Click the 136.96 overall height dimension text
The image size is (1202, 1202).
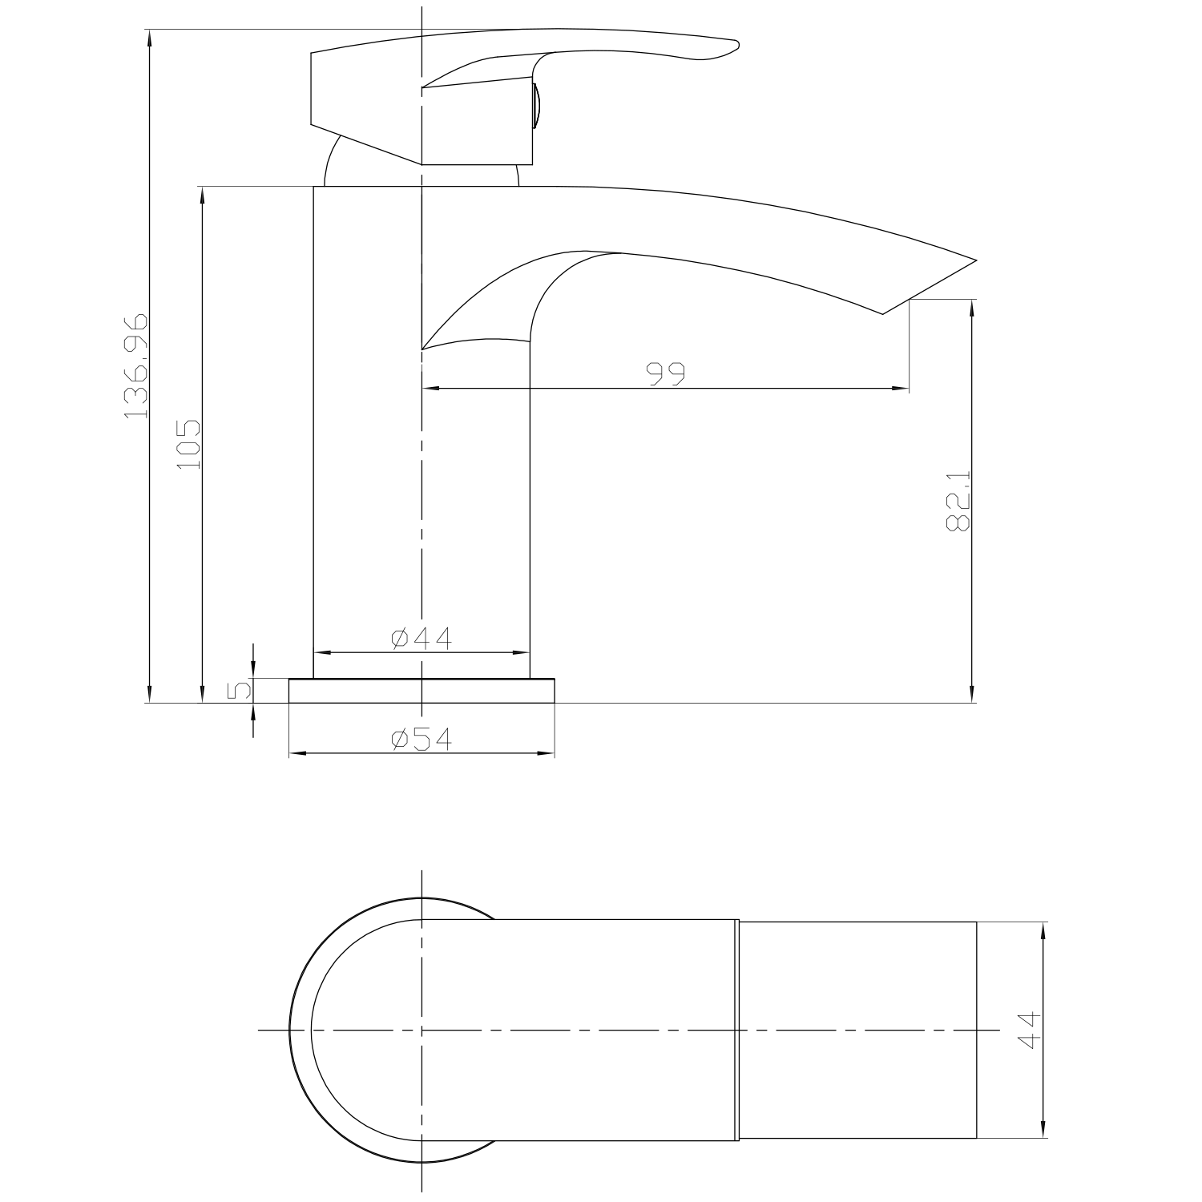136,366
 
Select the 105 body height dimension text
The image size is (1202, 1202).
189,444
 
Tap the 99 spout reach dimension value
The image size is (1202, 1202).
667,374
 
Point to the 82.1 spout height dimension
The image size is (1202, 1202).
958,501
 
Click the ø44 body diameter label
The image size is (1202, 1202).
422,639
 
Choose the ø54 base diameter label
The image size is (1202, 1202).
422,739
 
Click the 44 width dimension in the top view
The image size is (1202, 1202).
1028,1030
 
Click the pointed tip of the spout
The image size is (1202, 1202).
974,261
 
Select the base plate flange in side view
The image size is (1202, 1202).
422,691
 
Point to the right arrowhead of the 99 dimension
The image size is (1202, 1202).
903,389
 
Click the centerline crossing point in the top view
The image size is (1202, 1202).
422,1030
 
